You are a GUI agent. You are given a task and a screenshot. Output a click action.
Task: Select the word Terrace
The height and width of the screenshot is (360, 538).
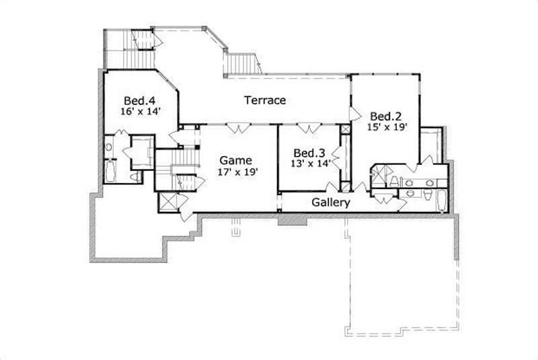[264, 100]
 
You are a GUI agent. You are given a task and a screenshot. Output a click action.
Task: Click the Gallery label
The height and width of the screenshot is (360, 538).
[330, 202]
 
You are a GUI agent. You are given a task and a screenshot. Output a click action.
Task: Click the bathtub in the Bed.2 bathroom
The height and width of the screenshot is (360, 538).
[441, 201]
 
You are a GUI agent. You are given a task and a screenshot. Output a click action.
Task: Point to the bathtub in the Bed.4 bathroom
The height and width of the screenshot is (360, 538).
[110, 170]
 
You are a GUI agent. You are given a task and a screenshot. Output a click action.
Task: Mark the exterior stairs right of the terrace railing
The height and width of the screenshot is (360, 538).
[242, 64]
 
